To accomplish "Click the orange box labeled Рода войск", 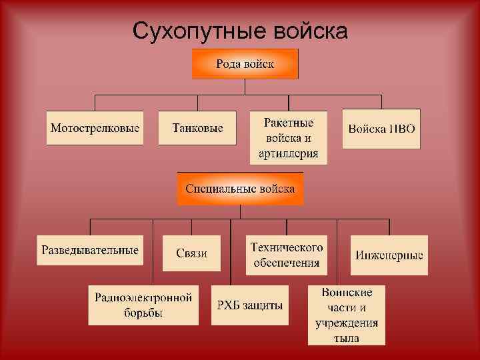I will point(245,64).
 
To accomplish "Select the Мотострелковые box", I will point(95,127).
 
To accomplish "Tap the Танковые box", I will point(197,127).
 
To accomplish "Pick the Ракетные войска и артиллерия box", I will point(288,138).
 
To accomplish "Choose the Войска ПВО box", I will point(381,127).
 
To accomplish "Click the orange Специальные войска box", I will point(240,189).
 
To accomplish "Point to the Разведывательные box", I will point(91,250).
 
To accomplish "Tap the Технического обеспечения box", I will point(287,254).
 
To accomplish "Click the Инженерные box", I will point(389,254).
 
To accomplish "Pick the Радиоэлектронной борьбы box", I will point(143,305).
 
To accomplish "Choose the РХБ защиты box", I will point(250,305).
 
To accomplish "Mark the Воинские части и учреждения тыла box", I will point(347,315).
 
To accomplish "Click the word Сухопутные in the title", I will point(198,31).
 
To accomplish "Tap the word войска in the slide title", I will point(311,31).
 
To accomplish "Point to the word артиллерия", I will point(288,153).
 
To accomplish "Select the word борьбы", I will point(143,313).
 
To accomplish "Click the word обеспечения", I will point(287,262).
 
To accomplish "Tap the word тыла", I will point(347,338).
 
